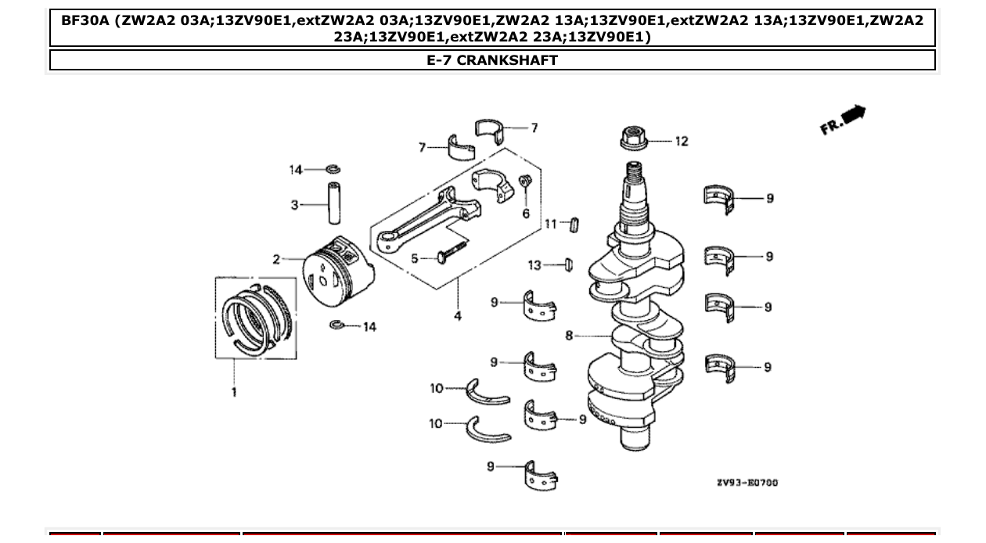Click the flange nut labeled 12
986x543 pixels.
(x=633, y=139)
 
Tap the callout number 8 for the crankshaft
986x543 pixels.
(x=570, y=336)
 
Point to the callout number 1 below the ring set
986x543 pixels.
(x=234, y=391)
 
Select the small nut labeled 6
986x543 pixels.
(x=526, y=183)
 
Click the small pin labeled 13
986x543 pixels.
(x=569, y=264)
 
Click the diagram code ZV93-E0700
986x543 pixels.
(x=747, y=483)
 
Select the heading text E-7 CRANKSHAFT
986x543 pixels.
(x=492, y=60)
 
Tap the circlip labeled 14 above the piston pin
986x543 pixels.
(x=333, y=169)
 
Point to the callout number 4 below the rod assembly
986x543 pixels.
(x=457, y=316)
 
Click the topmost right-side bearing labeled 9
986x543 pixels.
(x=720, y=198)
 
